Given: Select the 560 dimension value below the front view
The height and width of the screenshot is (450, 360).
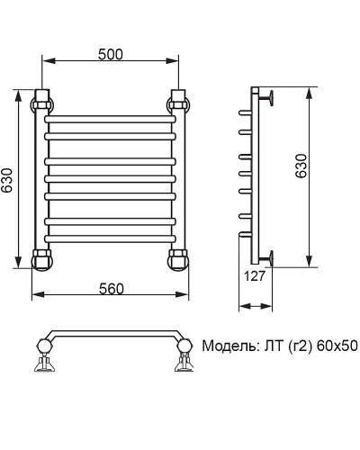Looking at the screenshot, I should click(110, 288).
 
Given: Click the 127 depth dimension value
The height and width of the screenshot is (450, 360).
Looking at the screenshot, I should click(255, 277).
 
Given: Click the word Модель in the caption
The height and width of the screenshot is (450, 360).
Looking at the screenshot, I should click(228, 346).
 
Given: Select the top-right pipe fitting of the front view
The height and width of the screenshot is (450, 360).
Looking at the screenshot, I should click(179, 99).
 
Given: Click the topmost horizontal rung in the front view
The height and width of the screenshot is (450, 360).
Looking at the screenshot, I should click(110, 117).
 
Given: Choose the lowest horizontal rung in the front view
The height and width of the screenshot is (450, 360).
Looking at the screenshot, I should click(110, 237).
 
